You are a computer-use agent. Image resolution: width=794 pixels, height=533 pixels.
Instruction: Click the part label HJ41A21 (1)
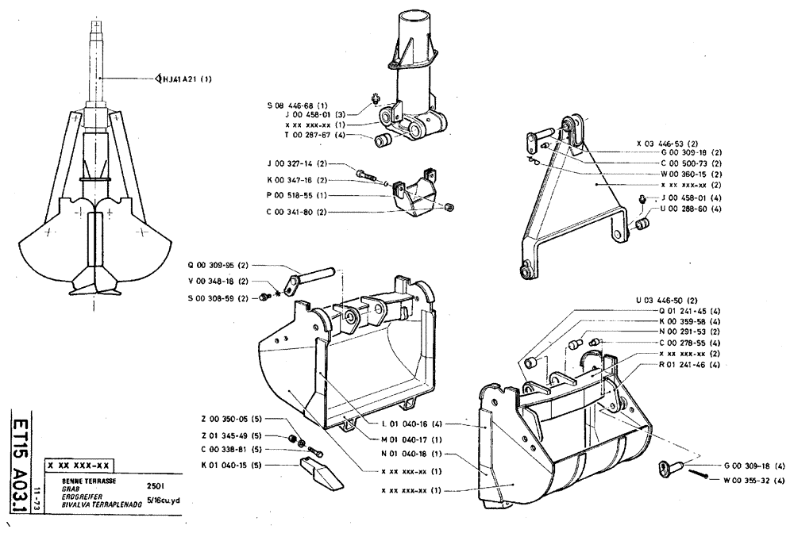pyautogui.click(x=189, y=79)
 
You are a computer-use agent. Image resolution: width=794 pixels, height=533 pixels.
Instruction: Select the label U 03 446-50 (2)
pyautogui.click(x=667, y=301)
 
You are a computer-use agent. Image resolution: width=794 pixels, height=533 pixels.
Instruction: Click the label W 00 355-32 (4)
pyautogui.click(x=750, y=479)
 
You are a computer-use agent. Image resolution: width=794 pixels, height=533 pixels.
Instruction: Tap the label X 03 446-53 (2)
pyautogui.click(x=668, y=144)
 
